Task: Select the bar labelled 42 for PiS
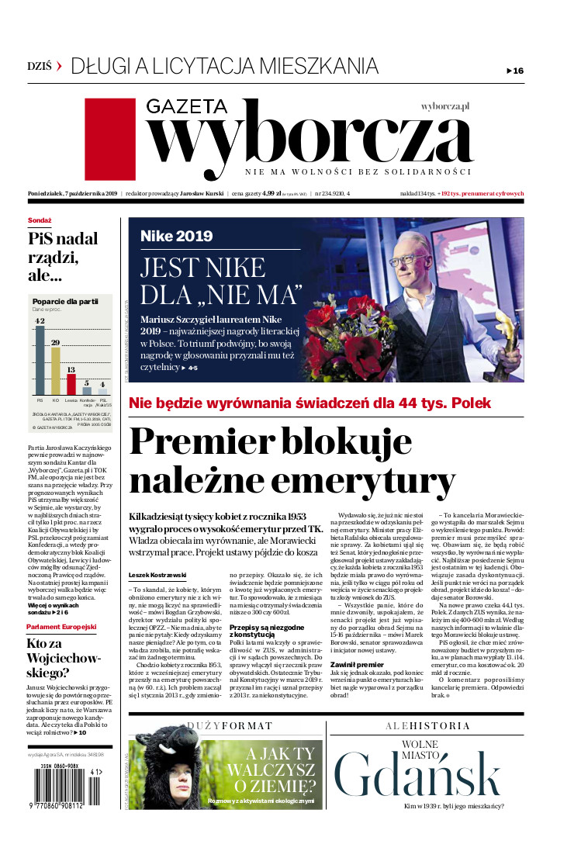coord(40,360)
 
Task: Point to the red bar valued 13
coord(71,385)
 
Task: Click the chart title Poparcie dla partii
coord(64,301)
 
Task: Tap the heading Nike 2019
coord(176,237)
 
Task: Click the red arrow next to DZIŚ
coord(59,67)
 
